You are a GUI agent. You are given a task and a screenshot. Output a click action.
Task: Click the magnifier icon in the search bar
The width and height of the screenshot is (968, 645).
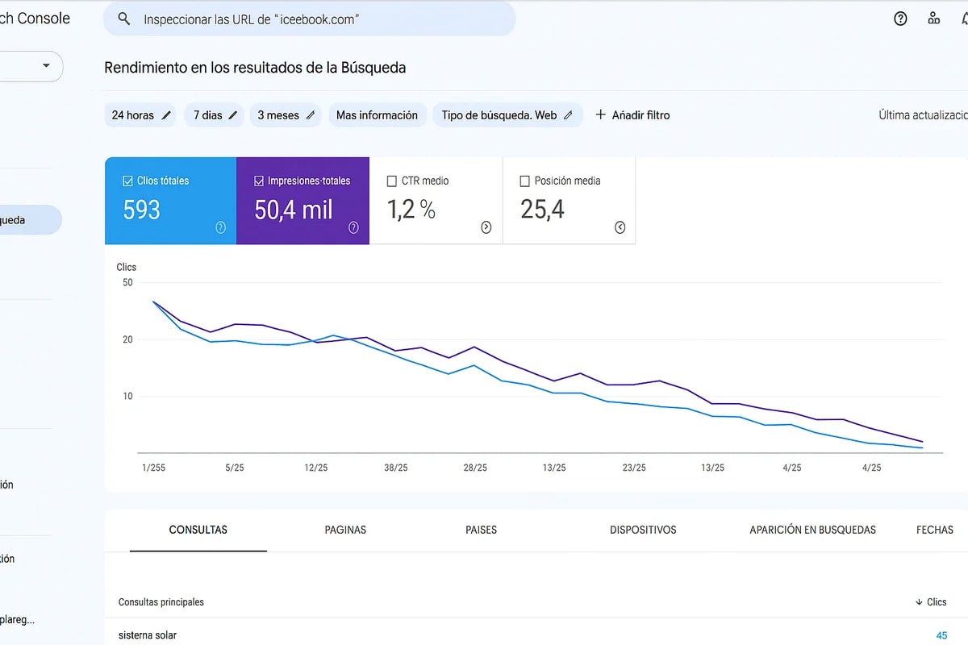pos(123,19)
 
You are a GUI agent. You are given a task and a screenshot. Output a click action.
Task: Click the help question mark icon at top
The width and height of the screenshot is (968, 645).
pos(900,19)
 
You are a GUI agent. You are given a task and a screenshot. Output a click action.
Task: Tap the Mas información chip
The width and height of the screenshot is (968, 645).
pos(377,115)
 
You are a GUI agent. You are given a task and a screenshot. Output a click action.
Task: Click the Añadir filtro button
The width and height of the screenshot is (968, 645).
pos(632,115)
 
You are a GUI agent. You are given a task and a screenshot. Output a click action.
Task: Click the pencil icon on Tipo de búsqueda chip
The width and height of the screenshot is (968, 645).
pos(568,115)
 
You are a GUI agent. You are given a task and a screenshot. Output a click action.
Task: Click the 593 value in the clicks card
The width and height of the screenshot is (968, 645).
pos(142,210)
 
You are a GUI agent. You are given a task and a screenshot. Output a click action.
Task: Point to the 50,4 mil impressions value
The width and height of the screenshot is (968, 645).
pos(294,210)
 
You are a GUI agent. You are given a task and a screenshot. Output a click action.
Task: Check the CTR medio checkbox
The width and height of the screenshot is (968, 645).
pos(392,181)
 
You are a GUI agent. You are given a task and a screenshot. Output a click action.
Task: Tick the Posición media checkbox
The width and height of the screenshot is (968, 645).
pos(525,181)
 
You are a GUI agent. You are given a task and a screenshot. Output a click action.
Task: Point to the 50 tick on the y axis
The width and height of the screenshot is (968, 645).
pos(127,282)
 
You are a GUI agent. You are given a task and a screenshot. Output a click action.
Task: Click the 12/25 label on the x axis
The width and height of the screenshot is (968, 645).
pos(315,468)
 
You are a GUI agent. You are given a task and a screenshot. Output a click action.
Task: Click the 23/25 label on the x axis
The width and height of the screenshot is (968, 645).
pos(634,468)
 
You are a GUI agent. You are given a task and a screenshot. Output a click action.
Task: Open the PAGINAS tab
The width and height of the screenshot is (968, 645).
pos(345,530)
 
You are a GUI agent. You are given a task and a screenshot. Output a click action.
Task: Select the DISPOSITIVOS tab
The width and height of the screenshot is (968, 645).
pos(643,530)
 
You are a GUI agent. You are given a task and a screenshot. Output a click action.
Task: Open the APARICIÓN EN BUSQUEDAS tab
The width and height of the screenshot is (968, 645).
pos(812,530)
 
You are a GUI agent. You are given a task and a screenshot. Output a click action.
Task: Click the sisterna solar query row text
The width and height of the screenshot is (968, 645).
pos(148,635)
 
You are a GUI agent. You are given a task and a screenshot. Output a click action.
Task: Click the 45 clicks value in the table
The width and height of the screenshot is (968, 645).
pos(941,635)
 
